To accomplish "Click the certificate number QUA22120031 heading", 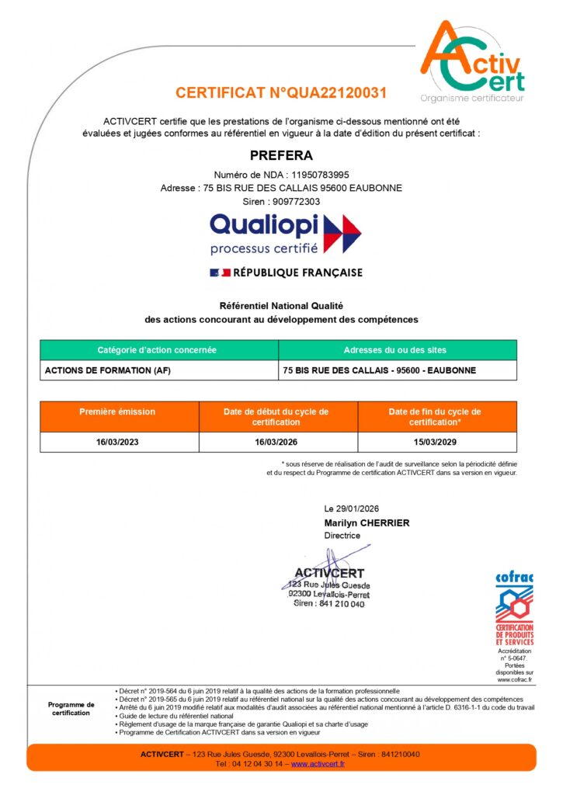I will point(281,93).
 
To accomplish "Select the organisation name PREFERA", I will point(281,155).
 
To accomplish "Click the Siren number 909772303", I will point(290,201).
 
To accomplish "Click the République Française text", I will point(298,273).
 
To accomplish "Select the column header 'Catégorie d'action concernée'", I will point(157,350).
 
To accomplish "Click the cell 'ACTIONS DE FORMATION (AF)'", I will point(108,370).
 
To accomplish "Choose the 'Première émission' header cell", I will point(117,411).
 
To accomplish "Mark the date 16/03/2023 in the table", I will point(117,442).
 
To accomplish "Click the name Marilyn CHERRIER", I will point(367,522).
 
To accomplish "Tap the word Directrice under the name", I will point(342,536).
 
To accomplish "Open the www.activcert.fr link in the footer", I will point(318,764).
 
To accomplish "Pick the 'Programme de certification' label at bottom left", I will point(71,709).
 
